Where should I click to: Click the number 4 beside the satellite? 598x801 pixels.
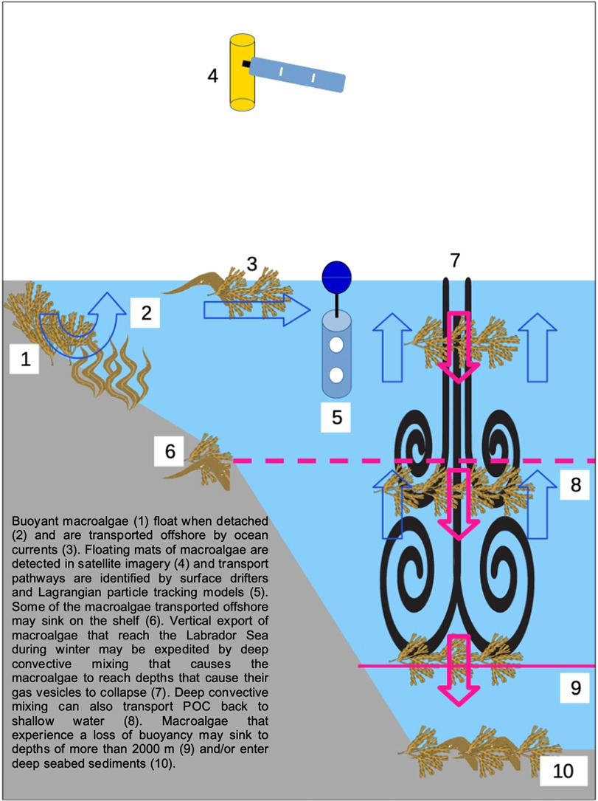[213, 75]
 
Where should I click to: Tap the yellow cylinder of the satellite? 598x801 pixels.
[242, 72]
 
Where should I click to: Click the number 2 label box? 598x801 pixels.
[147, 312]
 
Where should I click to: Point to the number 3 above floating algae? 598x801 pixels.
[251, 264]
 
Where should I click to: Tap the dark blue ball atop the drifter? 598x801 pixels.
[337, 276]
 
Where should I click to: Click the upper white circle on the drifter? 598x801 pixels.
[335, 346]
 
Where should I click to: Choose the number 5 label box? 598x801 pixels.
[337, 417]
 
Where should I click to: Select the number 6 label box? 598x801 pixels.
[170, 451]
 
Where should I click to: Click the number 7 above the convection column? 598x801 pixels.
[455, 261]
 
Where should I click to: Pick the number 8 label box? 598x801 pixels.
[576, 484]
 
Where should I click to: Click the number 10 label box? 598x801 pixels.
[563, 771]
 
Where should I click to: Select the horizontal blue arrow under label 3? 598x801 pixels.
[257, 309]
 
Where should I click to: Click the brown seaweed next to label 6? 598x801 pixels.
[200, 463]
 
